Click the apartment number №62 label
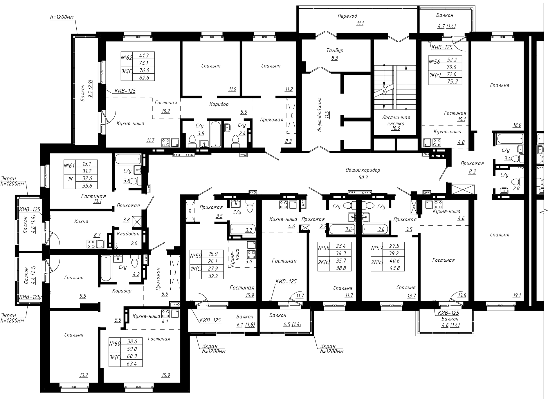click(x=126, y=57)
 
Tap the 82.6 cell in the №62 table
click(x=143, y=77)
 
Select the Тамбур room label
click(x=335, y=50)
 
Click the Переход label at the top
click(x=347, y=16)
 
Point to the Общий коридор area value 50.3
click(x=363, y=177)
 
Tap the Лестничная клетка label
click(x=396, y=120)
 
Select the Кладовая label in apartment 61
click(x=128, y=234)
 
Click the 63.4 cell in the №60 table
click(x=131, y=363)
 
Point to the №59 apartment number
click(x=195, y=256)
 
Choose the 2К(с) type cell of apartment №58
click(x=324, y=262)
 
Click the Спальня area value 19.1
click(x=517, y=296)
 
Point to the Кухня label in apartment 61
click(x=81, y=221)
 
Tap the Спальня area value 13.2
click(x=84, y=375)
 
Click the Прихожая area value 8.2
click(x=472, y=172)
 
